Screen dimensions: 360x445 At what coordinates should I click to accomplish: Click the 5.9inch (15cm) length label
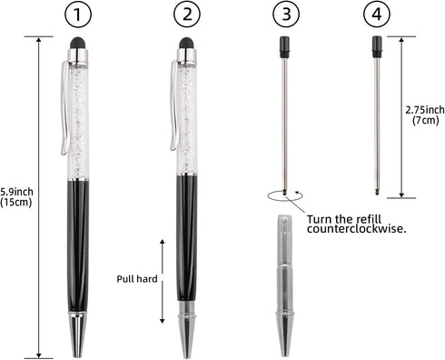pyautogui.click(x=17, y=197)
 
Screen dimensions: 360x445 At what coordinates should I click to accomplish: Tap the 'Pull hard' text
pyautogui.click(x=136, y=280)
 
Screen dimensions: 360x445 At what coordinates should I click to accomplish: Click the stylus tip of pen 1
pyautogui.click(x=79, y=43)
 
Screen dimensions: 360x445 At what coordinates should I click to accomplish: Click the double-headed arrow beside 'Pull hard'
pyautogui.click(x=163, y=281)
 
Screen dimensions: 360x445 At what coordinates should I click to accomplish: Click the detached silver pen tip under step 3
pyautogui.click(x=285, y=282)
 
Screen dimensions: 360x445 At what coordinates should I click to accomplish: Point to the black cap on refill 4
pyautogui.click(x=376, y=45)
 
